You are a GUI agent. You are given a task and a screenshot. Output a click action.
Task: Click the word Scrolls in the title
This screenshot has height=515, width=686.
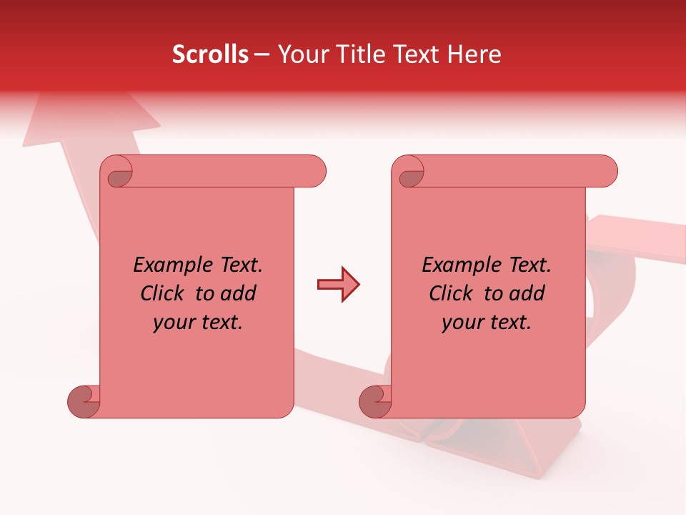(210, 54)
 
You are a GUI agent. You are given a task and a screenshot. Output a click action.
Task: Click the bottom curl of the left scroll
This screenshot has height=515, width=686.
(84, 401)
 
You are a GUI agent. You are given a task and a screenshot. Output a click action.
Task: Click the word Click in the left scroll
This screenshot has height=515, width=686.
(162, 294)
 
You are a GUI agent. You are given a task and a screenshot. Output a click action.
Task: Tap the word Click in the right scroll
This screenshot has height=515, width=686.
(451, 294)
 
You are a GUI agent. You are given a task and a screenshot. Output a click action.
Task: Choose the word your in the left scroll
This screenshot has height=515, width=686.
(174, 323)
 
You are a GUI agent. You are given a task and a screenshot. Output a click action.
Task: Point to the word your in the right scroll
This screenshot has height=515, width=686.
(462, 323)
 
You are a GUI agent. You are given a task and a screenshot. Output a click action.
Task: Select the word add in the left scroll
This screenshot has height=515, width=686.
(238, 294)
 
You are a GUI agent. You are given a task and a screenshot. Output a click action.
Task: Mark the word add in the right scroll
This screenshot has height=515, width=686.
(527, 294)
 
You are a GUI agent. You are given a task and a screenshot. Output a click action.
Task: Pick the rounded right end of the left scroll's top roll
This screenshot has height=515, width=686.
(315, 172)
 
